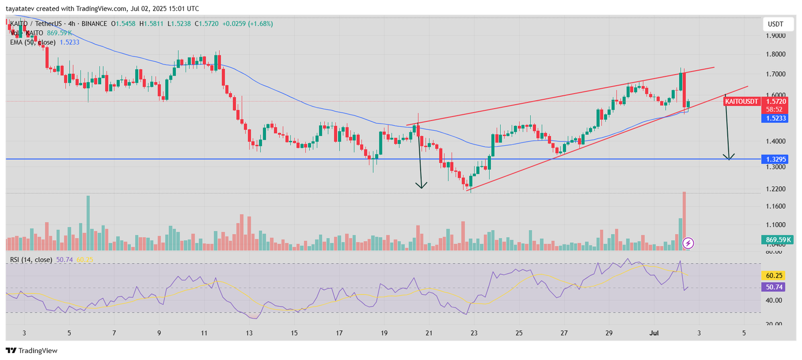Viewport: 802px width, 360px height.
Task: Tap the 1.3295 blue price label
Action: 774,159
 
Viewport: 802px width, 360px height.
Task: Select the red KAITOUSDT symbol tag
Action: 742,101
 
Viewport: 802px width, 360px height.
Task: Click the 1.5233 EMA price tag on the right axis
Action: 774,118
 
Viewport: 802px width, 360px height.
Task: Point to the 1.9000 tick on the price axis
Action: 775,36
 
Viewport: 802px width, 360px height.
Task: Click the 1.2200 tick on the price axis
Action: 775,189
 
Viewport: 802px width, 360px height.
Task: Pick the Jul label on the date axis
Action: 654,333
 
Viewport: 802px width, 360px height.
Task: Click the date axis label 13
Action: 249,333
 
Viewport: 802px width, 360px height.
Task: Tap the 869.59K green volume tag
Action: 778,240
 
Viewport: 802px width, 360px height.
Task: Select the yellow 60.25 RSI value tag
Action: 774,275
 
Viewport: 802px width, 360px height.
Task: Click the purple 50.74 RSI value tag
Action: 774,287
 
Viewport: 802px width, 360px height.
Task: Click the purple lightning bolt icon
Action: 688,243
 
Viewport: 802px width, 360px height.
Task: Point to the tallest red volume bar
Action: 684,221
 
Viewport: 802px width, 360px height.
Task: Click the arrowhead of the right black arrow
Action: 729,157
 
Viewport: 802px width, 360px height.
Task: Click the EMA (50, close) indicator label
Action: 33,43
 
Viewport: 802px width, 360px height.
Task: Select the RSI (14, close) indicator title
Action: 31,260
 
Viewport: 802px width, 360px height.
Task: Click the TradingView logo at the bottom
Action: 32,350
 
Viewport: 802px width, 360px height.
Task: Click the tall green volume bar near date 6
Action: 88,223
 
